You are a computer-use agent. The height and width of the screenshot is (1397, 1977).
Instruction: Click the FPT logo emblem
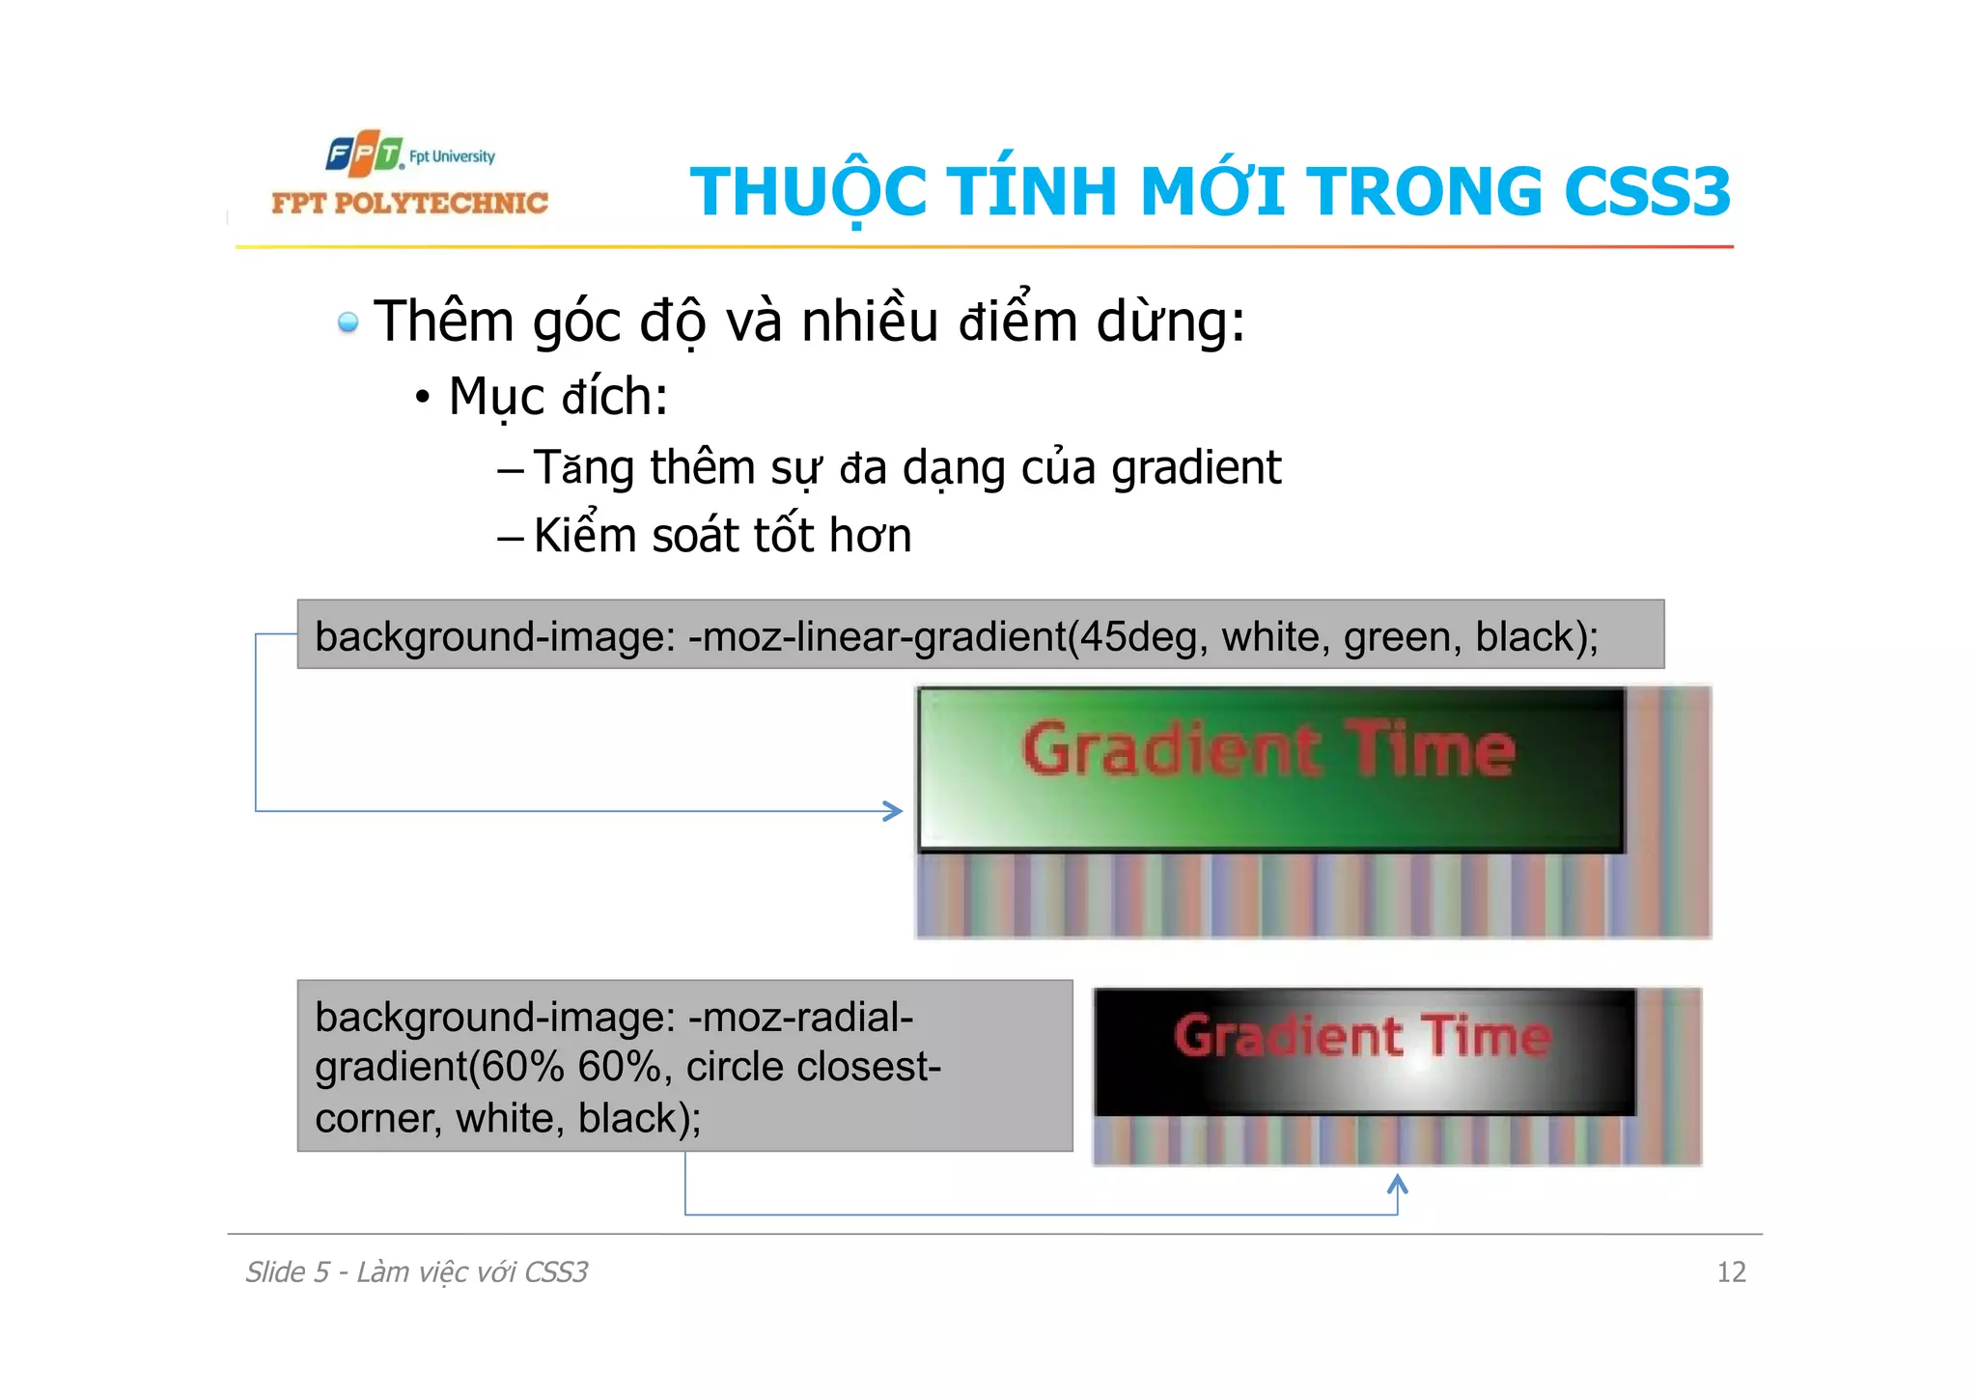point(363,154)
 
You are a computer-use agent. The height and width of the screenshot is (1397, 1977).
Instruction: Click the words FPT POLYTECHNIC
point(409,203)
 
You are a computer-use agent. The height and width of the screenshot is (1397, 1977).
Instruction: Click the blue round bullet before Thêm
point(348,321)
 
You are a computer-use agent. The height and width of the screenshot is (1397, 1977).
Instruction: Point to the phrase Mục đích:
point(558,397)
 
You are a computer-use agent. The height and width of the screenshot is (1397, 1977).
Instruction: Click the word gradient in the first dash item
point(1196,468)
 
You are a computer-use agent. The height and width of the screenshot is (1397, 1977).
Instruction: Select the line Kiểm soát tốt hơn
point(722,536)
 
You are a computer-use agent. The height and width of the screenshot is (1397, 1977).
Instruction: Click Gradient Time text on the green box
point(1268,750)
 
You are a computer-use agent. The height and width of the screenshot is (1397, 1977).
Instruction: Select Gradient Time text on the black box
point(1362,1036)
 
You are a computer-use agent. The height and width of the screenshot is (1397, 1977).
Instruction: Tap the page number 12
point(1731,1272)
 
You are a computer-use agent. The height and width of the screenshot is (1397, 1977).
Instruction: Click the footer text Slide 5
point(287,1272)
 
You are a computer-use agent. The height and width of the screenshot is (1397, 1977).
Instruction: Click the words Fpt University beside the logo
point(452,156)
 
